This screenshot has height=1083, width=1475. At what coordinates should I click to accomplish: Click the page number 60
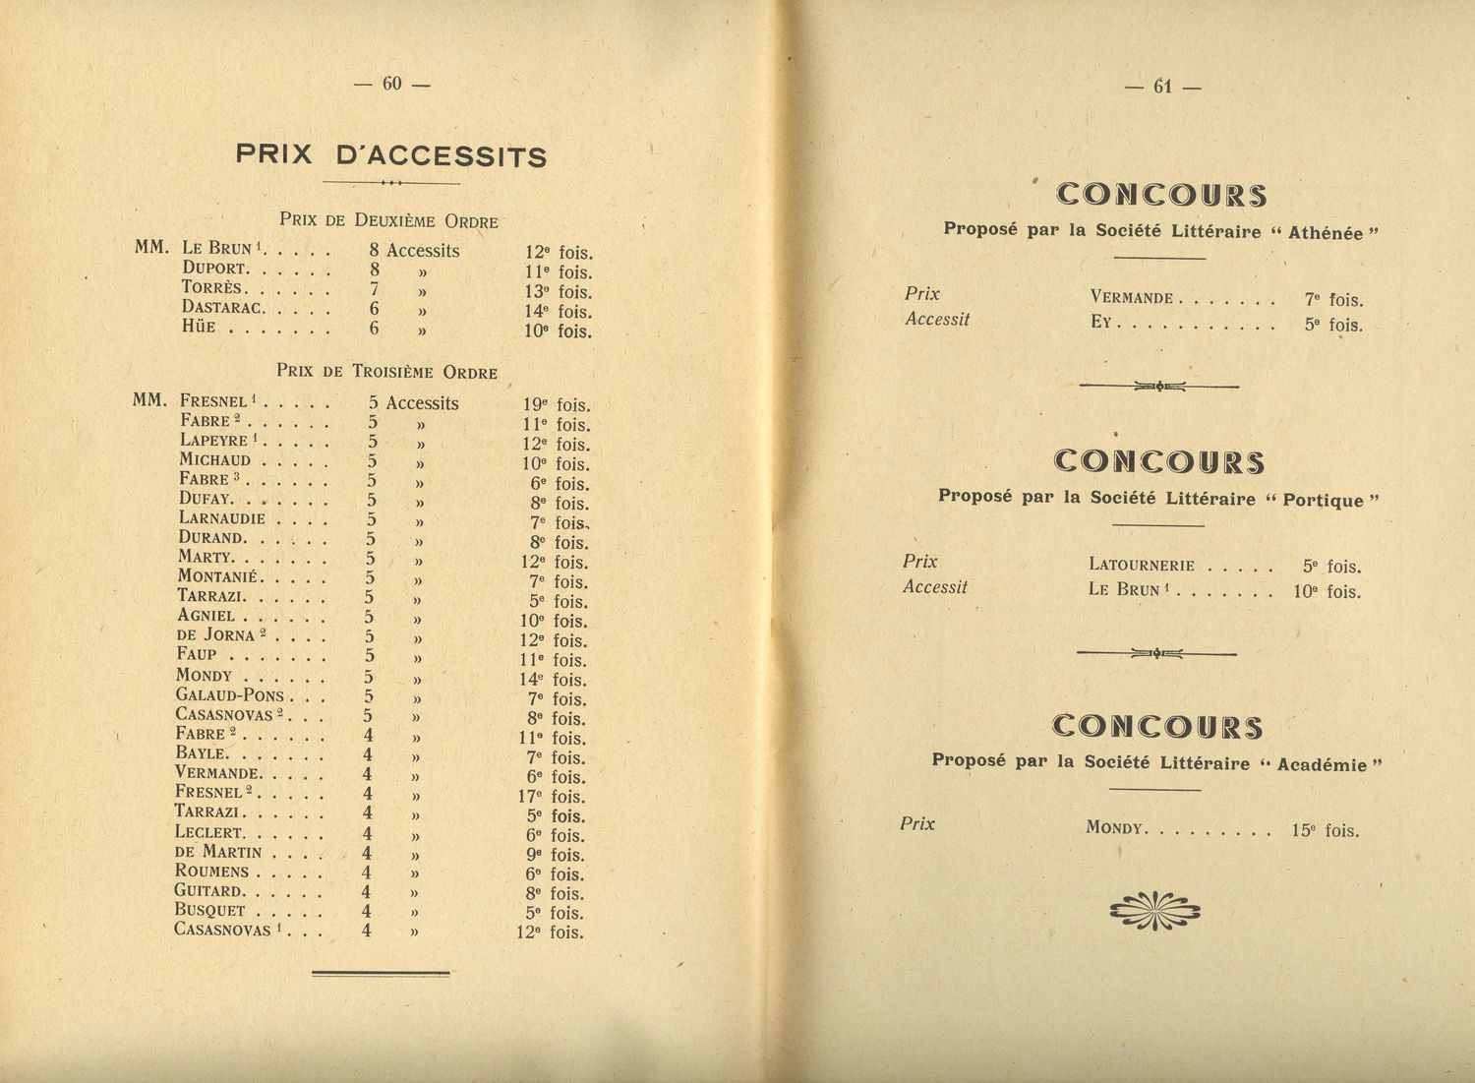point(392,85)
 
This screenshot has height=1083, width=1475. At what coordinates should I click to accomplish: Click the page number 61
point(1163,87)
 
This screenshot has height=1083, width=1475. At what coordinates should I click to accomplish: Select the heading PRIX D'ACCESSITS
point(391,155)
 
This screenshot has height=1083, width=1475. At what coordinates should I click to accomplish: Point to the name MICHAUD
point(214,460)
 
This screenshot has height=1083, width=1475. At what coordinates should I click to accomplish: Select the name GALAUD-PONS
point(229,695)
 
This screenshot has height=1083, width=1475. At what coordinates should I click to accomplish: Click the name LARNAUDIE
point(222,518)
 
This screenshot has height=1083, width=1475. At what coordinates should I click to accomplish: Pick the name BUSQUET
point(209,911)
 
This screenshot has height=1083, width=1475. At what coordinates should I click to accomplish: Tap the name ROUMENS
point(211,872)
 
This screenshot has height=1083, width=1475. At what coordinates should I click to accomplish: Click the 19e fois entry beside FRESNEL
point(557,404)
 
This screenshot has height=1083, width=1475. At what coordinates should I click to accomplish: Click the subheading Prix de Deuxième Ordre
point(388,220)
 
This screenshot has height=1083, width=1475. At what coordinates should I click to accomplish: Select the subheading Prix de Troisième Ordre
point(386,372)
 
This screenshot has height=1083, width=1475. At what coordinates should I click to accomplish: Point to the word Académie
point(1322,764)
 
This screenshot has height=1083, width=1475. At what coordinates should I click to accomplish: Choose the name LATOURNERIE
point(1142,566)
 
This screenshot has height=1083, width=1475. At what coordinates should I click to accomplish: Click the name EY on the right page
point(1099,322)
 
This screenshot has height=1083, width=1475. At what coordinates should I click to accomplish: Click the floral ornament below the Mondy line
point(1154,911)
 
